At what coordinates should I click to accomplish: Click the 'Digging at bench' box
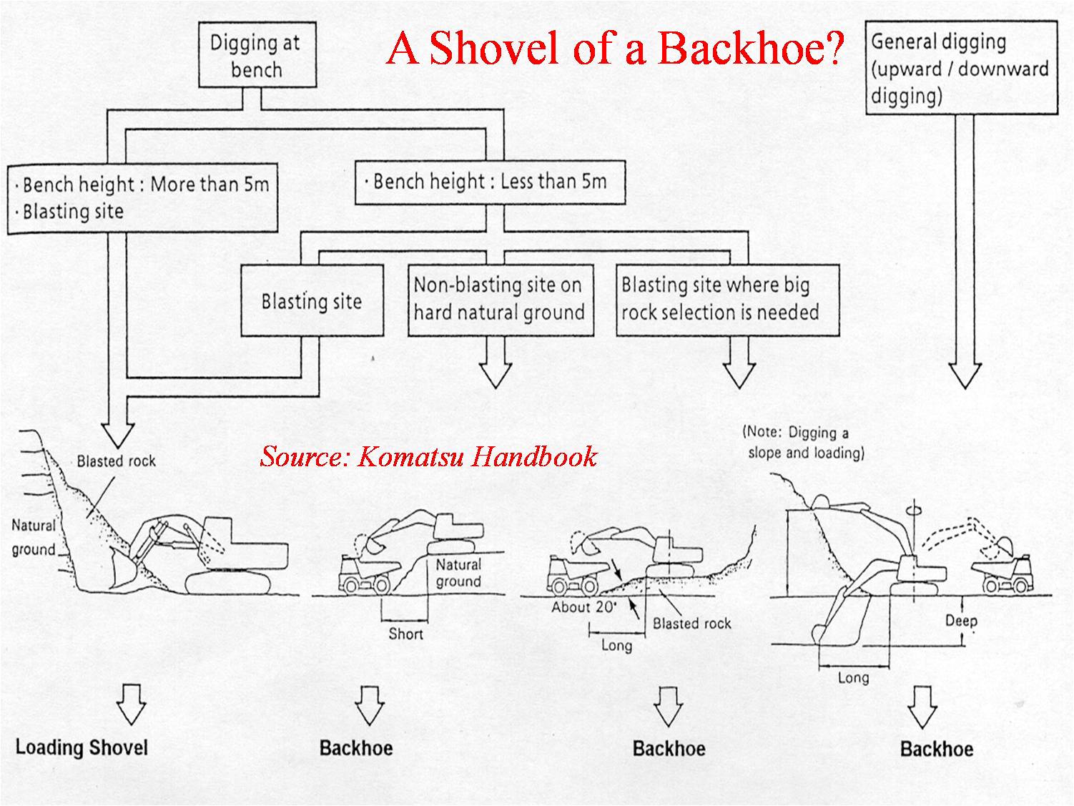[x=256, y=56]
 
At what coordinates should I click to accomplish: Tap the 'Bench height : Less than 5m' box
[x=490, y=182]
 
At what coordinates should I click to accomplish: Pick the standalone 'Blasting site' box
[x=312, y=301]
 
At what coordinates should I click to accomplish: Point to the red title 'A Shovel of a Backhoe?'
[x=615, y=49]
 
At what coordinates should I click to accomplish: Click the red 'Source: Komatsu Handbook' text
[x=428, y=456]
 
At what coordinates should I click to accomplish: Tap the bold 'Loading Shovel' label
[x=82, y=748]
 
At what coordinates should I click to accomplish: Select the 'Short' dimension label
[x=405, y=634]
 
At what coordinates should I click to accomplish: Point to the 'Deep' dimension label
[x=961, y=620]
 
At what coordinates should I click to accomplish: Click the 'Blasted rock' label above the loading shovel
[x=116, y=461]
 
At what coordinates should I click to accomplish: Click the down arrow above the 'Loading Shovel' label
[x=131, y=703]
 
